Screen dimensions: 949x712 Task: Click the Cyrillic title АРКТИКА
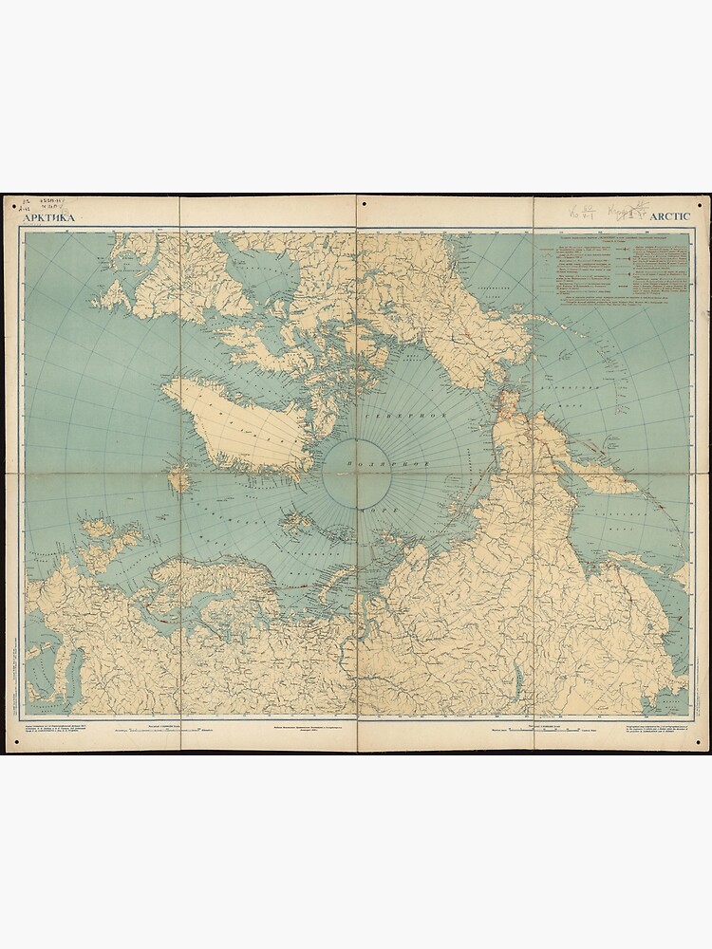(47, 217)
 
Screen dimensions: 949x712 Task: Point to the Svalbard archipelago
(301, 523)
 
